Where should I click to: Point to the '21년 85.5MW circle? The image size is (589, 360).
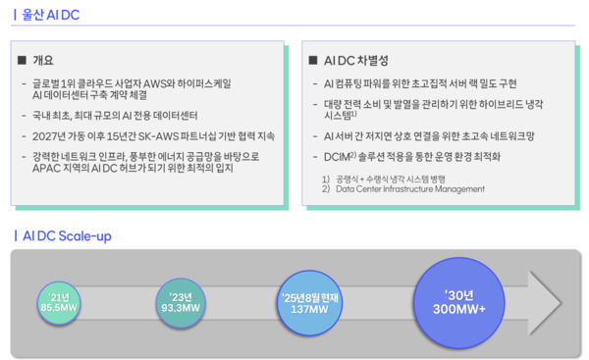(59, 301)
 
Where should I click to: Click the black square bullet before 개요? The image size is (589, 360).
(23, 61)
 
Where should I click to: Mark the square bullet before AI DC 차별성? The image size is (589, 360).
(314, 61)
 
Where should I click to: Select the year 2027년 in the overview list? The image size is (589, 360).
(52, 135)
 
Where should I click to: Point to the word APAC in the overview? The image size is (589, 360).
(50, 169)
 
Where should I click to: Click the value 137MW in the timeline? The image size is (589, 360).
(309, 310)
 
